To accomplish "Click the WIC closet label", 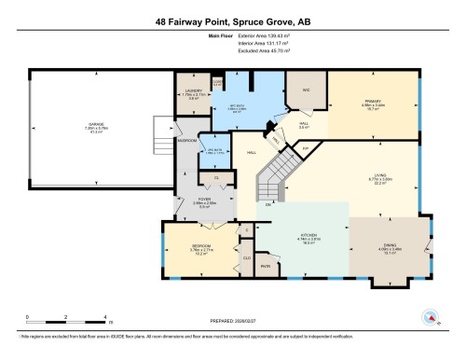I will click(x=303, y=90).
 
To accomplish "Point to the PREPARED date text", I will click(x=232, y=323).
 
